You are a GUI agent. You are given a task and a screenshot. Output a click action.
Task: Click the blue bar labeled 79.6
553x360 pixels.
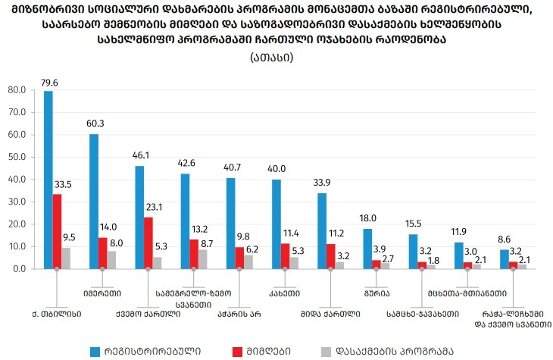point(48,180)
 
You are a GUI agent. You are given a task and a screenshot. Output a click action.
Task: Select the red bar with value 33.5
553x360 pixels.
point(57,231)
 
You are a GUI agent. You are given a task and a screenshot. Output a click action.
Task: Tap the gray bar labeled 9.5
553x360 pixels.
point(66,258)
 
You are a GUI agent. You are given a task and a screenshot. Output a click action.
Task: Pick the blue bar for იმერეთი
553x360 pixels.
point(94,201)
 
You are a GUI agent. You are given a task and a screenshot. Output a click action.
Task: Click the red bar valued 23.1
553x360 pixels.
point(148,243)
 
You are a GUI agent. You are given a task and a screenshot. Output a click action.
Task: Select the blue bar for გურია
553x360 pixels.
point(367,249)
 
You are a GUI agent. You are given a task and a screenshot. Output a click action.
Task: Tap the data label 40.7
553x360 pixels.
point(232,167)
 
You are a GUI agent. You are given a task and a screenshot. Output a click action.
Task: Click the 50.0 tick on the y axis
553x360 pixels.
point(16,157)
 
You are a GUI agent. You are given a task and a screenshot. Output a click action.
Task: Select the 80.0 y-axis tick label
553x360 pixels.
point(16,90)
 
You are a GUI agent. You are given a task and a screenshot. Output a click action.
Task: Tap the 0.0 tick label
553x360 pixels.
point(19,268)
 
